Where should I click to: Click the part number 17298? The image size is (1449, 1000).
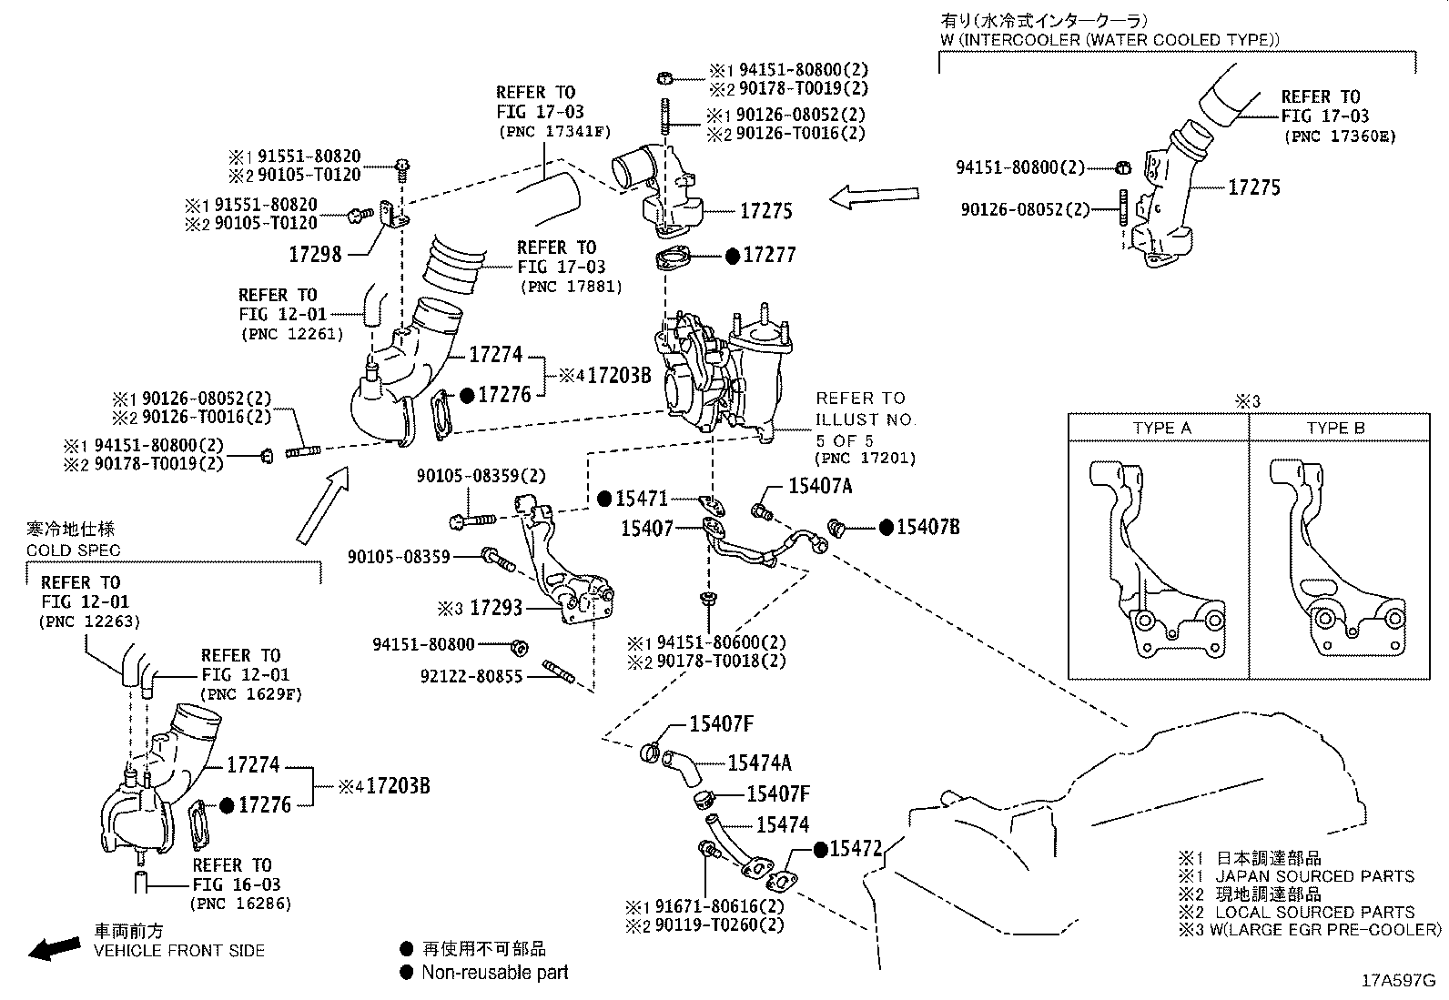(315, 255)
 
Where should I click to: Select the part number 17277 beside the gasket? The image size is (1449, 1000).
(769, 256)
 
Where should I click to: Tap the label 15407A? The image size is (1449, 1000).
(820, 487)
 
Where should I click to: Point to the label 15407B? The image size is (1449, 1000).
(927, 528)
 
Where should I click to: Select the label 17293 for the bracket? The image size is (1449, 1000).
(496, 608)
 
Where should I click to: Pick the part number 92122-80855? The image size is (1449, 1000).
(471, 677)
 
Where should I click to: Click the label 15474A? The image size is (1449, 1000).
(759, 763)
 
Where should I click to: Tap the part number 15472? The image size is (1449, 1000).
(856, 849)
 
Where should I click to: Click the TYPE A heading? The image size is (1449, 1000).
(1161, 429)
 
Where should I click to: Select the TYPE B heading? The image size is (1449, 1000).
(1336, 429)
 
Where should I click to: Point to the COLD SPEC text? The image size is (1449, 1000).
(73, 551)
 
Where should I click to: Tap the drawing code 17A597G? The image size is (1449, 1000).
(1398, 981)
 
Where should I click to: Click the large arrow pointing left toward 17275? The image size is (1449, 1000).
(875, 197)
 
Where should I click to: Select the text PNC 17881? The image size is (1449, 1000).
(571, 287)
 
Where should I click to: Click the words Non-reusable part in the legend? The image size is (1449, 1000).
(494, 972)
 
